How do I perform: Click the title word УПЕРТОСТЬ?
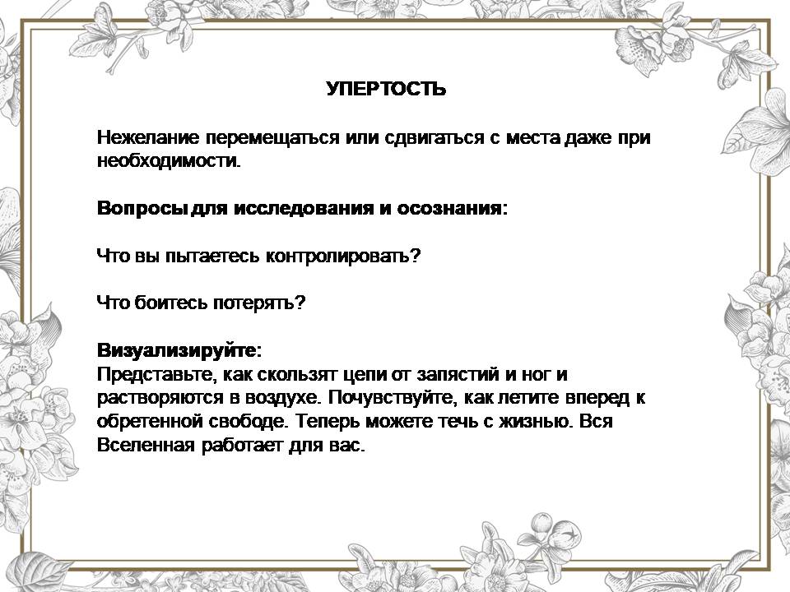(x=386, y=89)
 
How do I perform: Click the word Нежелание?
(x=149, y=137)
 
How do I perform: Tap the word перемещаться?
(x=272, y=138)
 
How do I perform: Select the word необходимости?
(x=169, y=160)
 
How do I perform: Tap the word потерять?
(x=259, y=303)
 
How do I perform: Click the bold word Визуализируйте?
(x=179, y=350)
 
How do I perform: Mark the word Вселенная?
(x=146, y=446)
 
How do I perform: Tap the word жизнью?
(x=536, y=421)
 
